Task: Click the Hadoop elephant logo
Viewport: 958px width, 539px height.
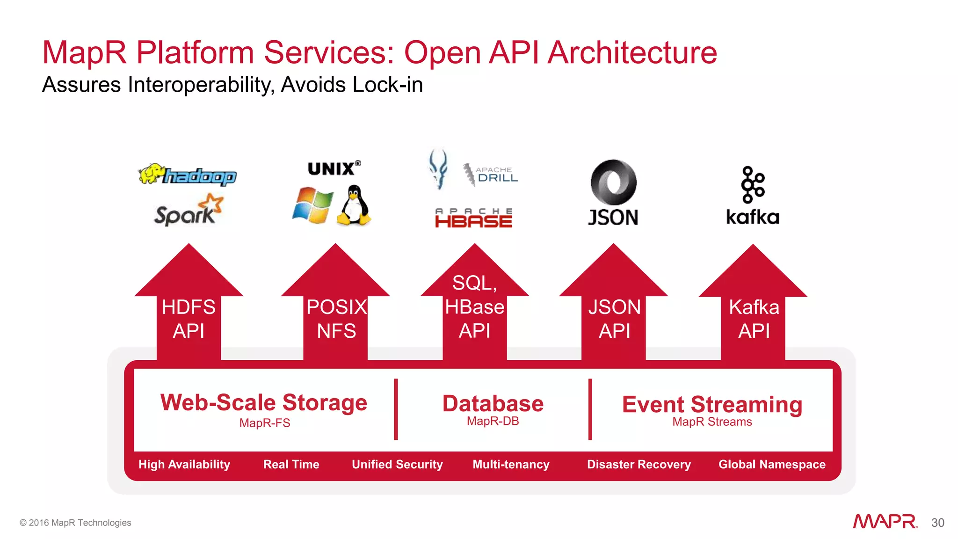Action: tap(187, 175)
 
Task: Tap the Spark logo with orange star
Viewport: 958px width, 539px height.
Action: tap(189, 211)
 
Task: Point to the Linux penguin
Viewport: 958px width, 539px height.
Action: tap(354, 205)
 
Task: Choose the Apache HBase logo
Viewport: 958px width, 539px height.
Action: tap(473, 219)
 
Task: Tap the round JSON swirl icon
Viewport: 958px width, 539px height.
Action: tap(613, 182)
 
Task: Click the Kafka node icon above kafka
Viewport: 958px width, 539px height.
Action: tap(752, 184)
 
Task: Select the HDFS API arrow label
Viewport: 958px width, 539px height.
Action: tap(189, 319)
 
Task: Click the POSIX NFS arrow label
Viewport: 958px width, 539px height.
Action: tap(336, 319)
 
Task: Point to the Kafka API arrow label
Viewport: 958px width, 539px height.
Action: tap(754, 319)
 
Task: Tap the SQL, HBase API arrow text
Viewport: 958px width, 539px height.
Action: tap(474, 307)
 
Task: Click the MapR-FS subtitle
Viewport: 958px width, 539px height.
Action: tap(265, 423)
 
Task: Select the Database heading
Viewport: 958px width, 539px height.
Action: tap(493, 403)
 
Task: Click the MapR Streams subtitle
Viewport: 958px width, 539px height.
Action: tap(712, 422)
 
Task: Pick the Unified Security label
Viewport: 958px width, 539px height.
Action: tap(397, 465)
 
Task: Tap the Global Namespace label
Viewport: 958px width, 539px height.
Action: tap(772, 465)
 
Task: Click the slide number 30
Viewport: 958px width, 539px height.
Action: tap(937, 523)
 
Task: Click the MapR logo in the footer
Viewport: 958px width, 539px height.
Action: tap(885, 522)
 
